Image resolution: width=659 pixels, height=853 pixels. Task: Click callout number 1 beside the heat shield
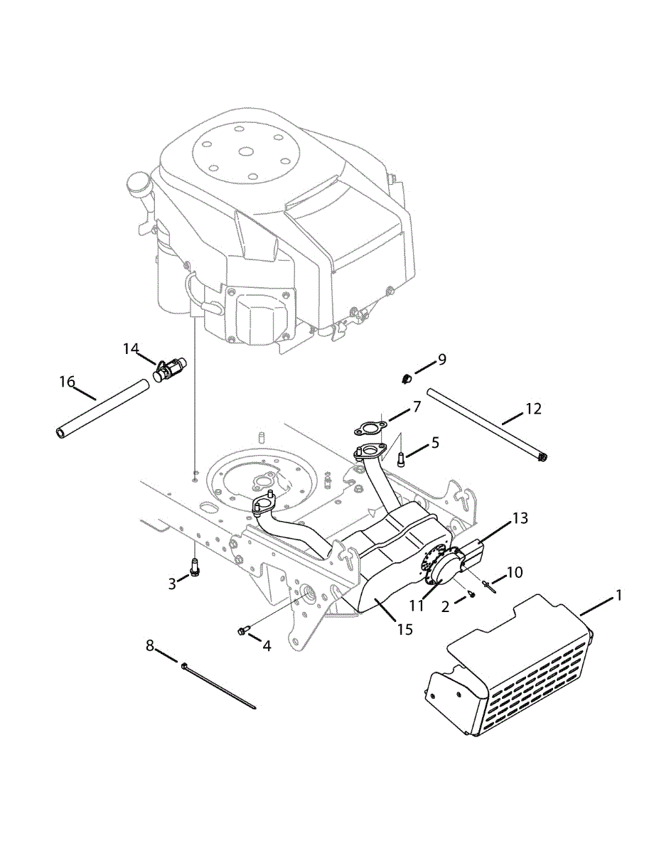pos(618,595)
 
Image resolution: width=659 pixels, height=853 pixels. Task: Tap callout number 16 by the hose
pos(68,382)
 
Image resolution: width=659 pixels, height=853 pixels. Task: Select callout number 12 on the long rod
pos(533,409)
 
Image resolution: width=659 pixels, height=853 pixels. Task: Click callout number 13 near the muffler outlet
pos(520,518)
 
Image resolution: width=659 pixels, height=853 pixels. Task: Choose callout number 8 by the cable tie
pos(149,645)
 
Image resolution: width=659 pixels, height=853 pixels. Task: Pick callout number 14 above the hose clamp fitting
pos(130,348)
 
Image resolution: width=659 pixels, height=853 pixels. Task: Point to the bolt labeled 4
pos(243,631)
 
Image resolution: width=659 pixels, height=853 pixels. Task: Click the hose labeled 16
pos(103,411)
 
